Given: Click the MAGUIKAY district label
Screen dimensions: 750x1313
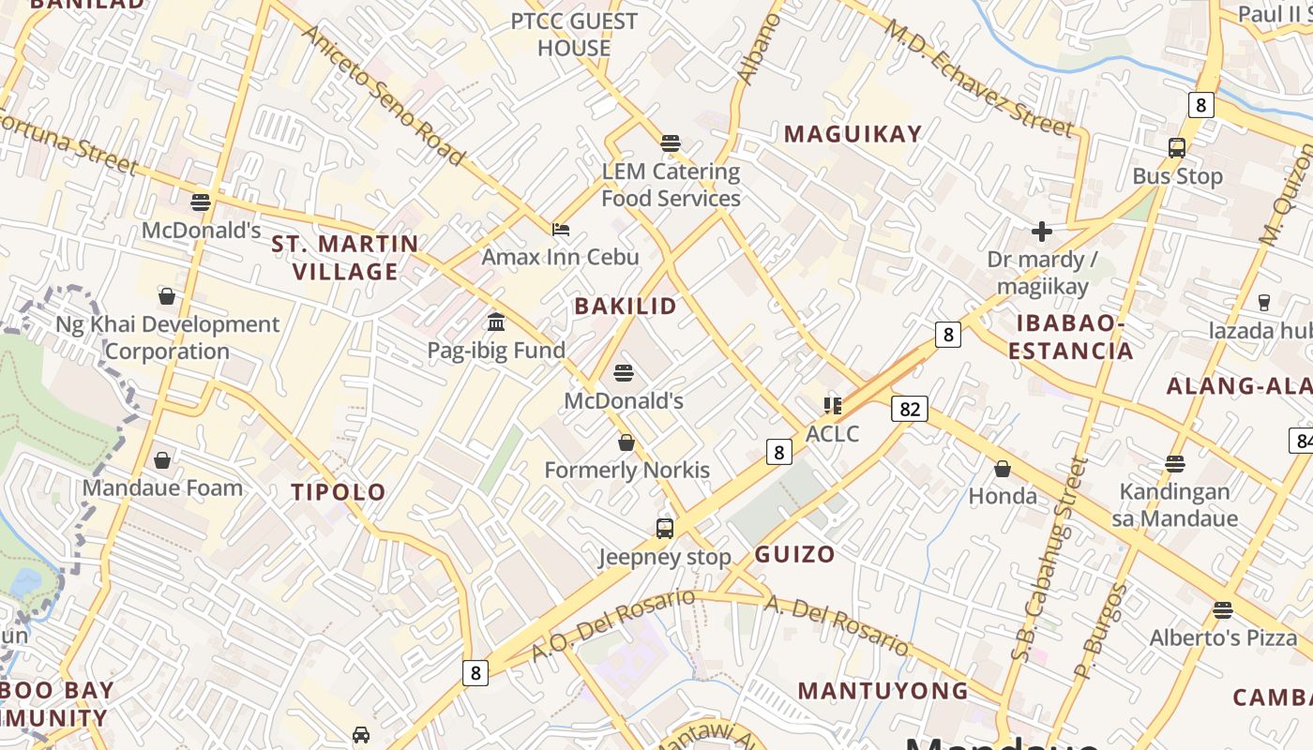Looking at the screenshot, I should pos(853,134).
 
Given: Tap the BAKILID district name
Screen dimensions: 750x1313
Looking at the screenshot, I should pos(626,306).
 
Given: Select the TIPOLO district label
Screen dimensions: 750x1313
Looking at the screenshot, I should pos(339,492).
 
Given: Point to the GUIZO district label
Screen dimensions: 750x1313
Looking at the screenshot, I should pos(794,554).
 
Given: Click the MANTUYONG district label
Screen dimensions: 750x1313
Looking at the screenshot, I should pos(883,691).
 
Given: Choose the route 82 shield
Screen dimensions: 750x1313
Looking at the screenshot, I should pos(910,409).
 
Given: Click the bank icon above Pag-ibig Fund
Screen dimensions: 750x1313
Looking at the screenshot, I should pos(496,322).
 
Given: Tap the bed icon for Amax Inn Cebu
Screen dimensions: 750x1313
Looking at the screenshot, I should pos(561,229).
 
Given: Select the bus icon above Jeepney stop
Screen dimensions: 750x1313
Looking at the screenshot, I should pos(665,529).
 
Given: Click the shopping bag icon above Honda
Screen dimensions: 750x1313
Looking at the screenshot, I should pos(1003,469).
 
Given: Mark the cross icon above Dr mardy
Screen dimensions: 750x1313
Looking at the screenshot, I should pos(1042,232).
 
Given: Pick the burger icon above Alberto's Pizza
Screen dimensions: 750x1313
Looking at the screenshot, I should pos(1222,610).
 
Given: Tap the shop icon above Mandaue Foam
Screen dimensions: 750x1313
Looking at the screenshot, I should pos(162,460).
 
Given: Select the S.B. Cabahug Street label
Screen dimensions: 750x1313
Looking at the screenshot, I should pos(1053,560).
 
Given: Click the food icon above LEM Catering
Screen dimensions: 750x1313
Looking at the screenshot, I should pos(670,143).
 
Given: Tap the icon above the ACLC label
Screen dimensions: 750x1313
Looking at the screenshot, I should pos(832,406).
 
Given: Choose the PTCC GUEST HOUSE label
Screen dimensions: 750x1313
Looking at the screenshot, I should pos(574,34).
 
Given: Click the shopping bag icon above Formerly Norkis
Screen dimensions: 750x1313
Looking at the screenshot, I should pos(626,442).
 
